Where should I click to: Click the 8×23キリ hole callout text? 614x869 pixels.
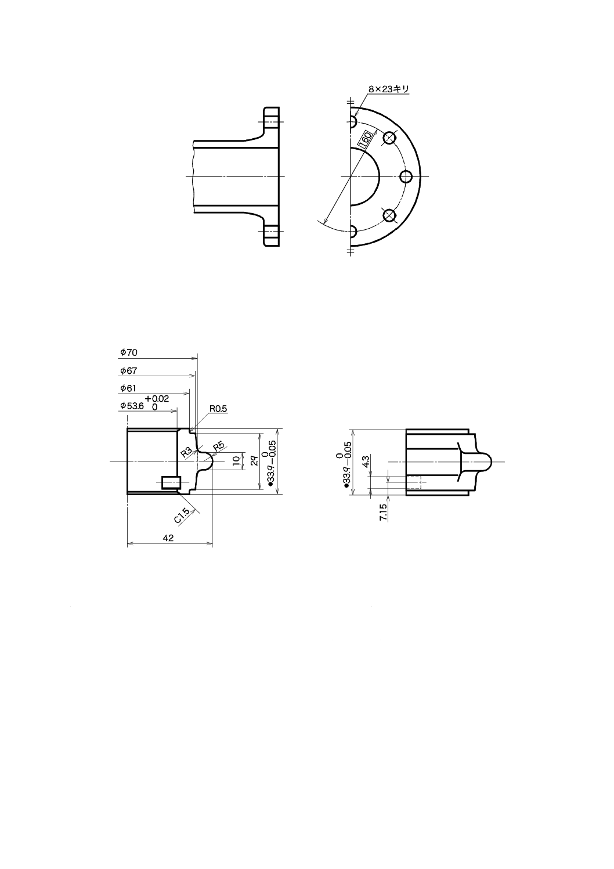(389, 89)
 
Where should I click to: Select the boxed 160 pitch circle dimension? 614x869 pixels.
(366, 140)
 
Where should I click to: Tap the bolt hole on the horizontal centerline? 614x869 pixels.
(407, 176)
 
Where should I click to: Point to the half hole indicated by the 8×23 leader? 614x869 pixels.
(352, 122)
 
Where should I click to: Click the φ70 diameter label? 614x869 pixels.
(128, 352)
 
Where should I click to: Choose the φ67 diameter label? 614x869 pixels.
(128, 370)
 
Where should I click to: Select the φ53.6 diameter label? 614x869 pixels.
(132, 406)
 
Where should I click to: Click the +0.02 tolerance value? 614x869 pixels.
(157, 398)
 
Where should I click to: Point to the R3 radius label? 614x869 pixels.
(186, 452)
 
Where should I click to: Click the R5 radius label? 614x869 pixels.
(219, 446)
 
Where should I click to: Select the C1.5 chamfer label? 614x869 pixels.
(182, 515)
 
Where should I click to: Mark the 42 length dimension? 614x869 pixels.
(168, 538)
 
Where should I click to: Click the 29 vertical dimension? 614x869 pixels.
(254, 461)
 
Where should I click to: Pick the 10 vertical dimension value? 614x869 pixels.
(236, 461)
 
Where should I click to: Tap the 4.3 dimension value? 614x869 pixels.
(366, 462)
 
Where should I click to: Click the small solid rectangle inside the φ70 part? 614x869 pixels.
(172, 482)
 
